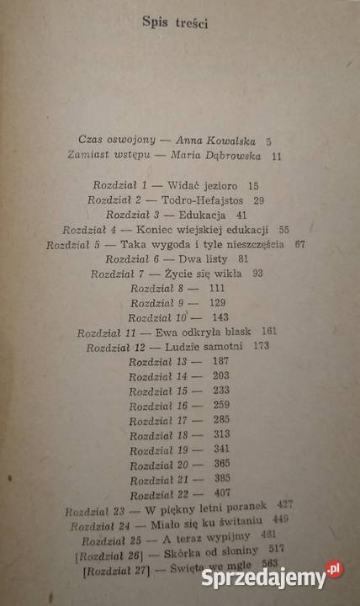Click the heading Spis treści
coord(175,24)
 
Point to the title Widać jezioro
coord(201,183)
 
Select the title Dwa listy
coord(204,259)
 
